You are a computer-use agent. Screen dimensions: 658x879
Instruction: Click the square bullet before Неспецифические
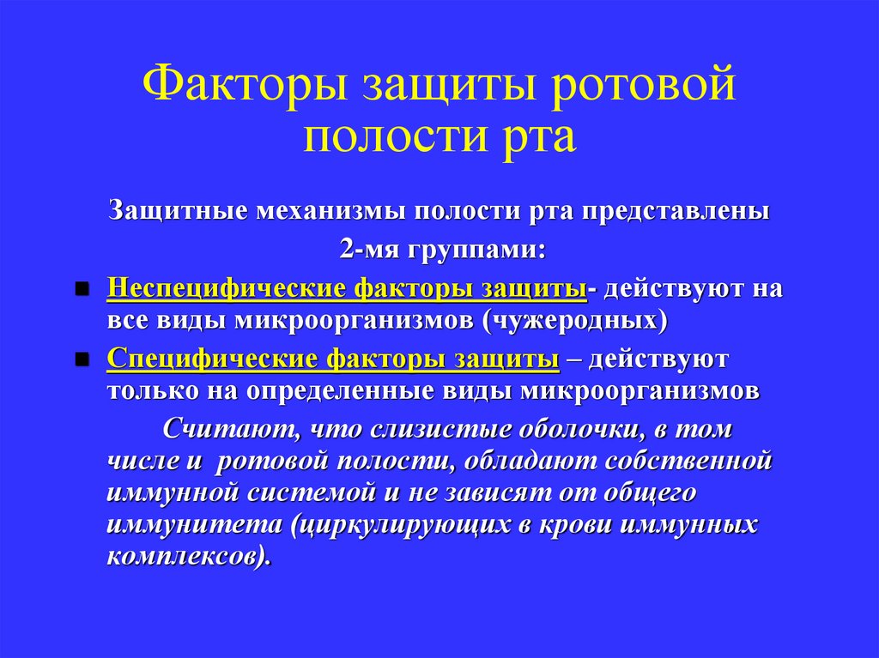click(82, 288)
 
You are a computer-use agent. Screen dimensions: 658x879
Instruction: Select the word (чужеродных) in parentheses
click(574, 319)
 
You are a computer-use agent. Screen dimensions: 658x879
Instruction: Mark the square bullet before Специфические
click(82, 359)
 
